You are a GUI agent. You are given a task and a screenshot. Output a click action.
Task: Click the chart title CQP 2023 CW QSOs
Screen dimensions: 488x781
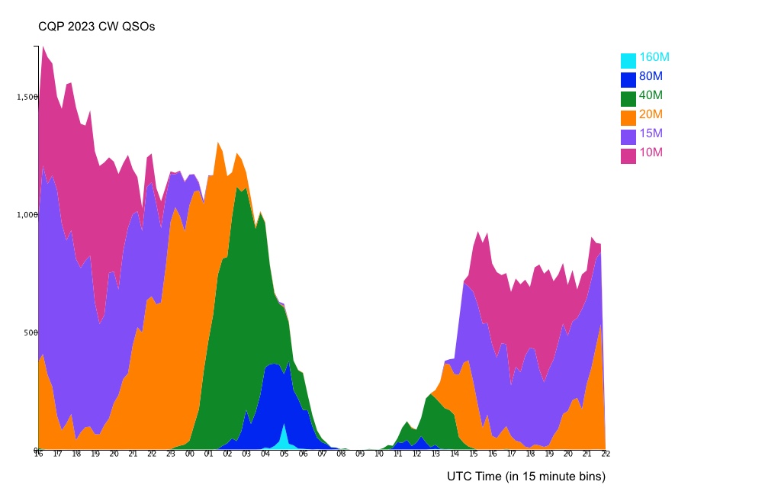[97, 27]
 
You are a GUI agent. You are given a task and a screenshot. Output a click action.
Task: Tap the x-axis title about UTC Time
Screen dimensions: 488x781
[526, 477]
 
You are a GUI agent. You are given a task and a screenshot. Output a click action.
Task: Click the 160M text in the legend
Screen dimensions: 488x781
[654, 57]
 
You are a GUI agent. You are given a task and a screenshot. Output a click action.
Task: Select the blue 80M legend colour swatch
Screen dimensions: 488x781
[628, 79]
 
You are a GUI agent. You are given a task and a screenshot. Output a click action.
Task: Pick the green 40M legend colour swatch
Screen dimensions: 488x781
[628, 98]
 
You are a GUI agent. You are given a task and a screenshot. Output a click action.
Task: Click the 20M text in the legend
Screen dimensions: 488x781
[651, 114]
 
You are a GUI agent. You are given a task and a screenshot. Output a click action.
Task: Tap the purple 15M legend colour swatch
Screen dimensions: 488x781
[628, 136]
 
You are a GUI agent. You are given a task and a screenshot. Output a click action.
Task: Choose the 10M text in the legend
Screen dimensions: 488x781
[651, 152]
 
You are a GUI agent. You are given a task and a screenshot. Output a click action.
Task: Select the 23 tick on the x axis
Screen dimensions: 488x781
[171, 454]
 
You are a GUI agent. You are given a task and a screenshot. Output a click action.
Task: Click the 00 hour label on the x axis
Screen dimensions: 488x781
[190, 454]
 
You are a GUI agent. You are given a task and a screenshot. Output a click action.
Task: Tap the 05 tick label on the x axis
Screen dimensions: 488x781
[284, 454]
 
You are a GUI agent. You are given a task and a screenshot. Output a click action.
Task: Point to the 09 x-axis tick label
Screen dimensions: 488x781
[360, 454]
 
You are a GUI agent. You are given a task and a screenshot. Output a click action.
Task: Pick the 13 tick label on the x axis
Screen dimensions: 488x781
[435, 454]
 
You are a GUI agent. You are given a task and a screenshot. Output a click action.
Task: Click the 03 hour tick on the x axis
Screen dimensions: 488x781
[246, 454]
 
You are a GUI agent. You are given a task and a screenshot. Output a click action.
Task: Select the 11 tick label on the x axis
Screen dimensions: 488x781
[398, 454]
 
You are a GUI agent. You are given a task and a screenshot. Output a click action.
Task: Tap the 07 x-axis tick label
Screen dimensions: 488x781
[323, 454]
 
